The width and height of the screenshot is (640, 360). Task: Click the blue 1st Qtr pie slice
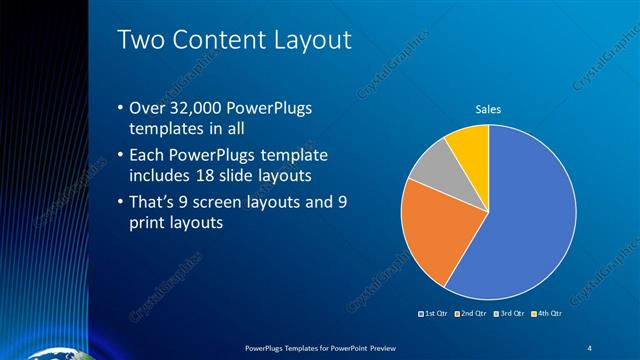click(x=530, y=215)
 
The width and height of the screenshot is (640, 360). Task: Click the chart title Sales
click(x=487, y=109)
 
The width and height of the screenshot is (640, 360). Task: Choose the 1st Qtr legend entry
click(x=435, y=315)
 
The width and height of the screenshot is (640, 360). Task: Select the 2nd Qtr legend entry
click(x=472, y=315)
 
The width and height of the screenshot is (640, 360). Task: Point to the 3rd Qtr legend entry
click(x=509, y=315)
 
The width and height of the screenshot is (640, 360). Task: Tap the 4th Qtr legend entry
click(x=546, y=315)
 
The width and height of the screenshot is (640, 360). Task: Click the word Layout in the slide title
click(x=310, y=40)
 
